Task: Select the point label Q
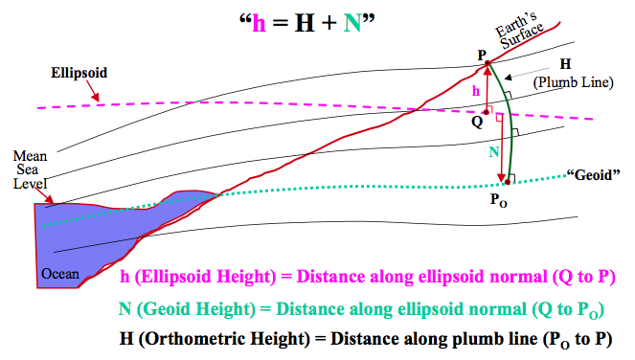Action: pyautogui.click(x=476, y=122)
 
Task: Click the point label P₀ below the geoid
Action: pyautogui.click(x=499, y=201)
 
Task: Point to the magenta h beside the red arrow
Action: pyautogui.click(x=476, y=89)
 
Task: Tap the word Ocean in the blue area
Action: pyautogui.click(x=59, y=274)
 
